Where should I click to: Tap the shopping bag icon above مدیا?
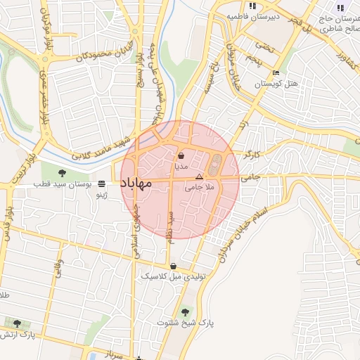pyautogui.click(x=181, y=156)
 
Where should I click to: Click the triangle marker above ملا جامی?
pyautogui.click(x=199, y=177)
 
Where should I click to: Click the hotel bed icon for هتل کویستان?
pyautogui.click(x=276, y=72)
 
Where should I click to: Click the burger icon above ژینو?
pyautogui.click(x=103, y=184)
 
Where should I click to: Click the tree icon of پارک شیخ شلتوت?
pyautogui.click(x=185, y=311)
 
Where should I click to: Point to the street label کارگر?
pyautogui.click(x=251, y=153)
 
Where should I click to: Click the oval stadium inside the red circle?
pyautogui.click(x=214, y=165)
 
